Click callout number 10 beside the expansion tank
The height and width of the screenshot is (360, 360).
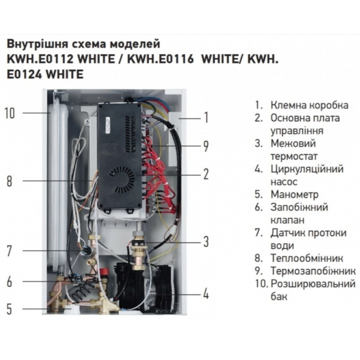click(x=10, y=113)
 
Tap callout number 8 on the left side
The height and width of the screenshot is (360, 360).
click(x=9, y=181)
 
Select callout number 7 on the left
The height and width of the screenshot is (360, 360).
click(x=9, y=251)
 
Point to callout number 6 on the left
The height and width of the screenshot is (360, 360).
click(x=9, y=281)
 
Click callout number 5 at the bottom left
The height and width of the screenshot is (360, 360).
click(x=9, y=308)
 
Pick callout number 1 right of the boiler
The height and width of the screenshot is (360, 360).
click(x=206, y=118)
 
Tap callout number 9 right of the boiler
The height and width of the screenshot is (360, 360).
click(x=206, y=146)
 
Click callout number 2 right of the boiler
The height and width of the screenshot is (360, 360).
click(x=206, y=175)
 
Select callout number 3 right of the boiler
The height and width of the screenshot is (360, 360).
click(x=206, y=242)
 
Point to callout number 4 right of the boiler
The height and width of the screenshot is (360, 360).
click(x=206, y=294)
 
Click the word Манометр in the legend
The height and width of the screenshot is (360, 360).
click(x=295, y=194)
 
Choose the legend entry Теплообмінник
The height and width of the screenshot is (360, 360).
click(x=307, y=258)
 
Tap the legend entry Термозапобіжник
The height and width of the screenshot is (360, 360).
click(x=313, y=271)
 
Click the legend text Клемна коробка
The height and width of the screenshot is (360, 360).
click(x=310, y=105)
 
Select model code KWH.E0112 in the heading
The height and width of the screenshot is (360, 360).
click(x=40, y=59)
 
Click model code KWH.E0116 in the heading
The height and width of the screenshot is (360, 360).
click(x=160, y=59)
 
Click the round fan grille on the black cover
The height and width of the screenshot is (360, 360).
click(x=122, y=179)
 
